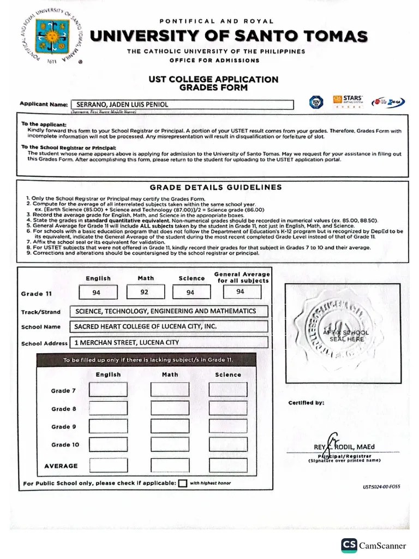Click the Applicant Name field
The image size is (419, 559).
point(183,104)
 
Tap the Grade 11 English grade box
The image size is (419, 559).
point(97,293)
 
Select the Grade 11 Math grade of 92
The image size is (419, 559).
point(145,293)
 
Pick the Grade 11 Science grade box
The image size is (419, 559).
point(191,293)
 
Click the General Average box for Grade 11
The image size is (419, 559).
point(241,292)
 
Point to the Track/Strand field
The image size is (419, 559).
point(169,311)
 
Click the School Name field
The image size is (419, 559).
point(169,326)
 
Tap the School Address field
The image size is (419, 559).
point(169,342)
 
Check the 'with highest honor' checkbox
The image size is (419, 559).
point(182,483)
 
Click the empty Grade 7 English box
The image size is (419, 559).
point(109,390)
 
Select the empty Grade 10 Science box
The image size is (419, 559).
point(228,444)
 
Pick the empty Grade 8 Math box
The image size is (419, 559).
point(170,408)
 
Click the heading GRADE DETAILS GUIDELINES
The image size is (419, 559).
point(216,187)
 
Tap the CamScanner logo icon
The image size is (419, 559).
point(349,545)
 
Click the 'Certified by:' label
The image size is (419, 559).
point(306,403)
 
